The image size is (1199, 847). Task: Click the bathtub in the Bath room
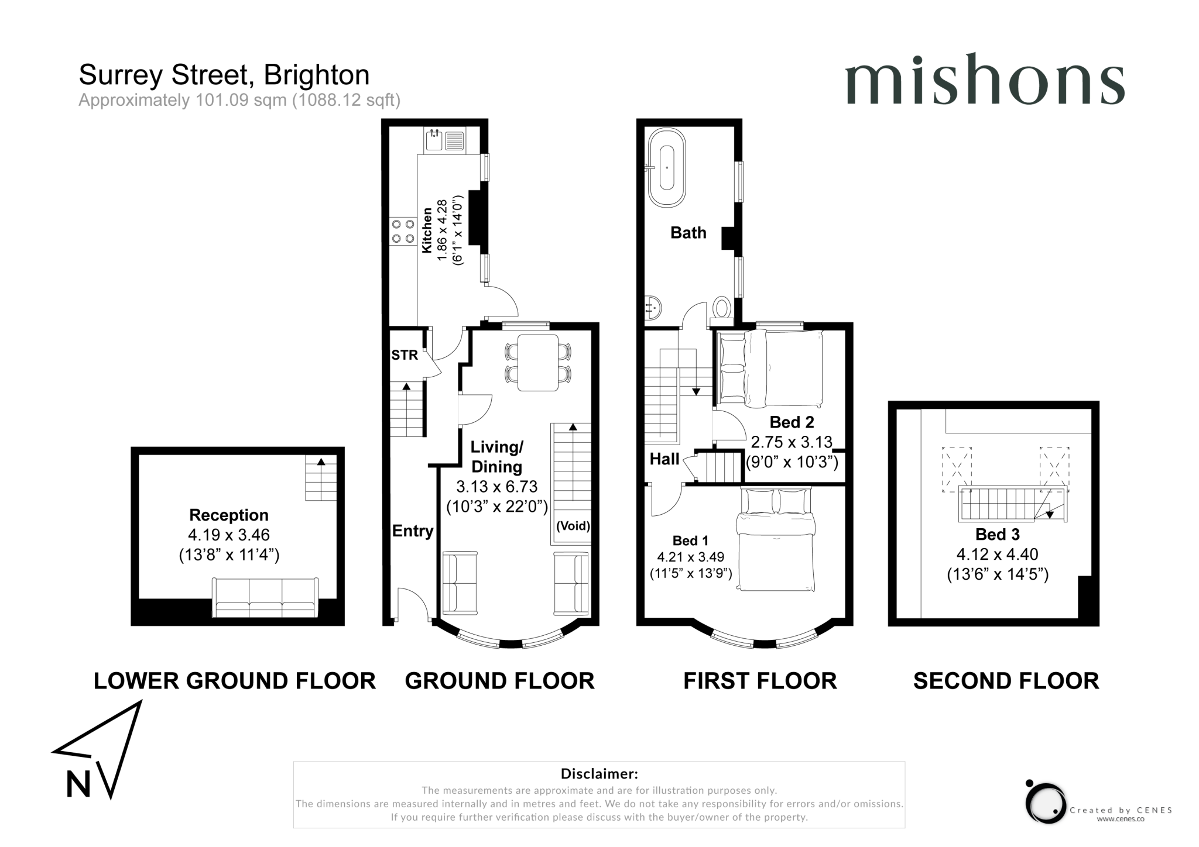tap(666, 167)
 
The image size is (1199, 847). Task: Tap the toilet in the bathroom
tap(722, 309)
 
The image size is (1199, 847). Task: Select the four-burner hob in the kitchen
tap(403, 231)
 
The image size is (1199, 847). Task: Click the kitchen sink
tap(434, 140)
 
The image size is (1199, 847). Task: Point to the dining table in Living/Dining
tap(537, 362)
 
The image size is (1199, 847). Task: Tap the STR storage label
tap(405, 355)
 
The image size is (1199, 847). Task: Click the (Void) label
tap(573, 525)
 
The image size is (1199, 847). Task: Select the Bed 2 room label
tap(791, 422)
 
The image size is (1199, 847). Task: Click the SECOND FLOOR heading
tap(1006, 681)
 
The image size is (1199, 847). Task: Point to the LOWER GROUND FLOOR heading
tap(234, 681)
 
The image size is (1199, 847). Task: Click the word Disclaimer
tap(599, 774)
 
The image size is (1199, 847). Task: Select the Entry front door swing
tap(413, 602)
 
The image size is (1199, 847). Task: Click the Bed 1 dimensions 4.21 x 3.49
tap(690, 557)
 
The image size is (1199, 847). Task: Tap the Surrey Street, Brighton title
tap(224, 75)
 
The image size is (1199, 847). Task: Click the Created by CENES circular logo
tap(1046, 803)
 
